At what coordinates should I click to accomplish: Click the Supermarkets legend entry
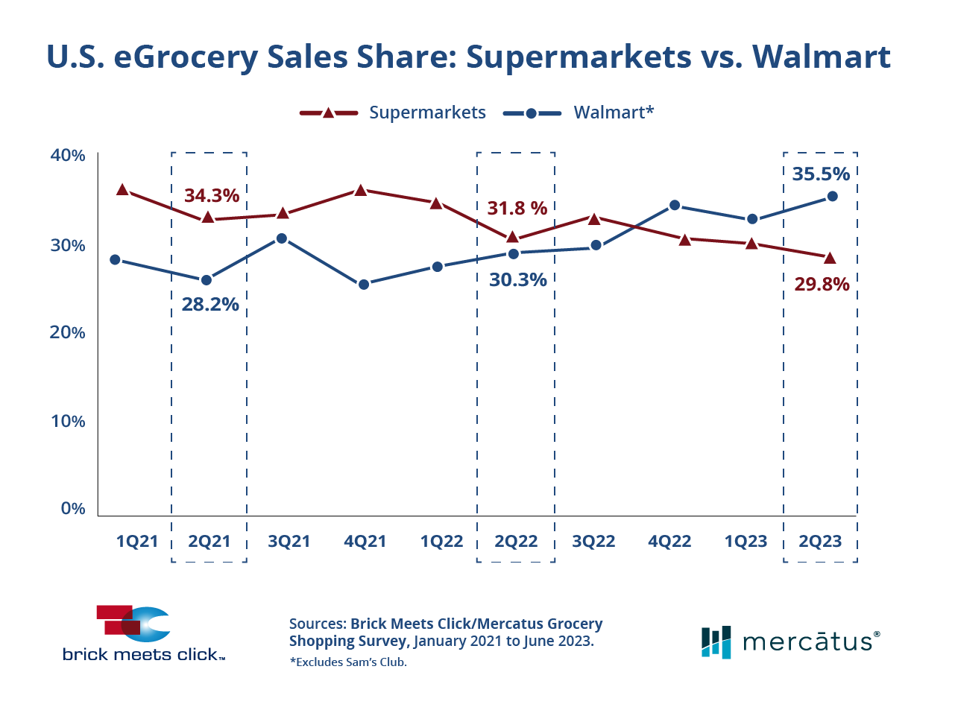426,113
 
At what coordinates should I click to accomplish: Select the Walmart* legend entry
613,113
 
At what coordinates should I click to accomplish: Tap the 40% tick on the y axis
68,156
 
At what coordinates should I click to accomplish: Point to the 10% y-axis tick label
68,421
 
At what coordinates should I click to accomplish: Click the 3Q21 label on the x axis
289,541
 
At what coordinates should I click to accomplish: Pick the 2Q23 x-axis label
820,541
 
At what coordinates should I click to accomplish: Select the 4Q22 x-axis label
669,541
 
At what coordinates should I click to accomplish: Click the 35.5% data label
821,174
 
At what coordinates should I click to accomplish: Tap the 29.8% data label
822,284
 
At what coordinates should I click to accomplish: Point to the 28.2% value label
210,304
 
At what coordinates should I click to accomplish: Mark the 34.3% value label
212,196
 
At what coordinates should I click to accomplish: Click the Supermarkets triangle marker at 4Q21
361,190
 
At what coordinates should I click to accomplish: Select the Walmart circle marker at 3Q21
282,238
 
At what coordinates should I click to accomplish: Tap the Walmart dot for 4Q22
675,205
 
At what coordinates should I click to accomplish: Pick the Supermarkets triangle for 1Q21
123,190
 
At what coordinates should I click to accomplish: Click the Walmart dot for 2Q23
833,197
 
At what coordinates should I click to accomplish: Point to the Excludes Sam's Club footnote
348,662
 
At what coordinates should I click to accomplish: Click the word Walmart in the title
821,57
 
